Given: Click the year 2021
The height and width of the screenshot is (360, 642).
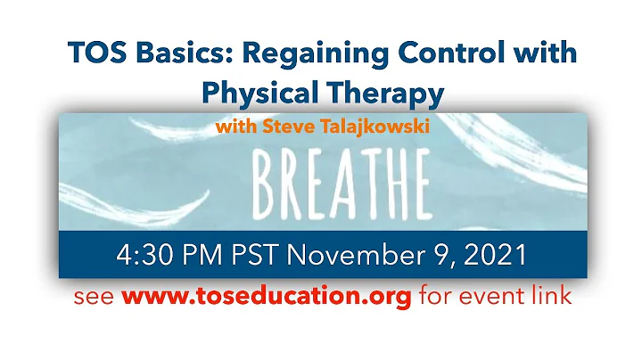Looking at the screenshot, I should [494, 257].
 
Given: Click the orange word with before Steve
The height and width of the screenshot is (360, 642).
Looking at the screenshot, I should [236, 127].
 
